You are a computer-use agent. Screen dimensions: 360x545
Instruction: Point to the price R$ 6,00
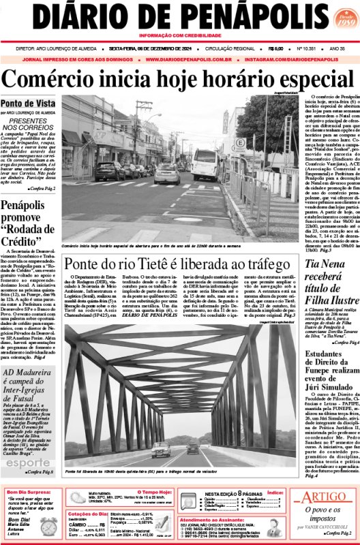pos(276,48)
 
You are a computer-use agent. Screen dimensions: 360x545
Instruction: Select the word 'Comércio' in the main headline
pos(70,78)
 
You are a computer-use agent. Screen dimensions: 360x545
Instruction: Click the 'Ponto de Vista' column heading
pos(28,103)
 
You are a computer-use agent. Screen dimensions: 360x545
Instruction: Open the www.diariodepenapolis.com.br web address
pos(181,59)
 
